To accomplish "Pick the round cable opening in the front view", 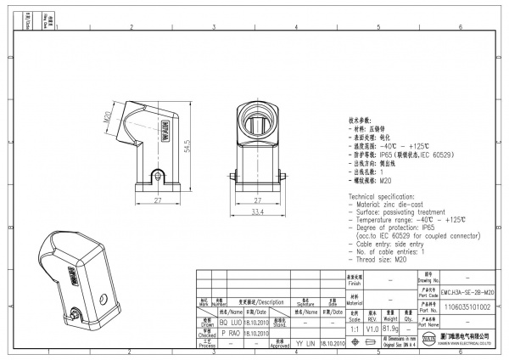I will (x=257, y=121).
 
